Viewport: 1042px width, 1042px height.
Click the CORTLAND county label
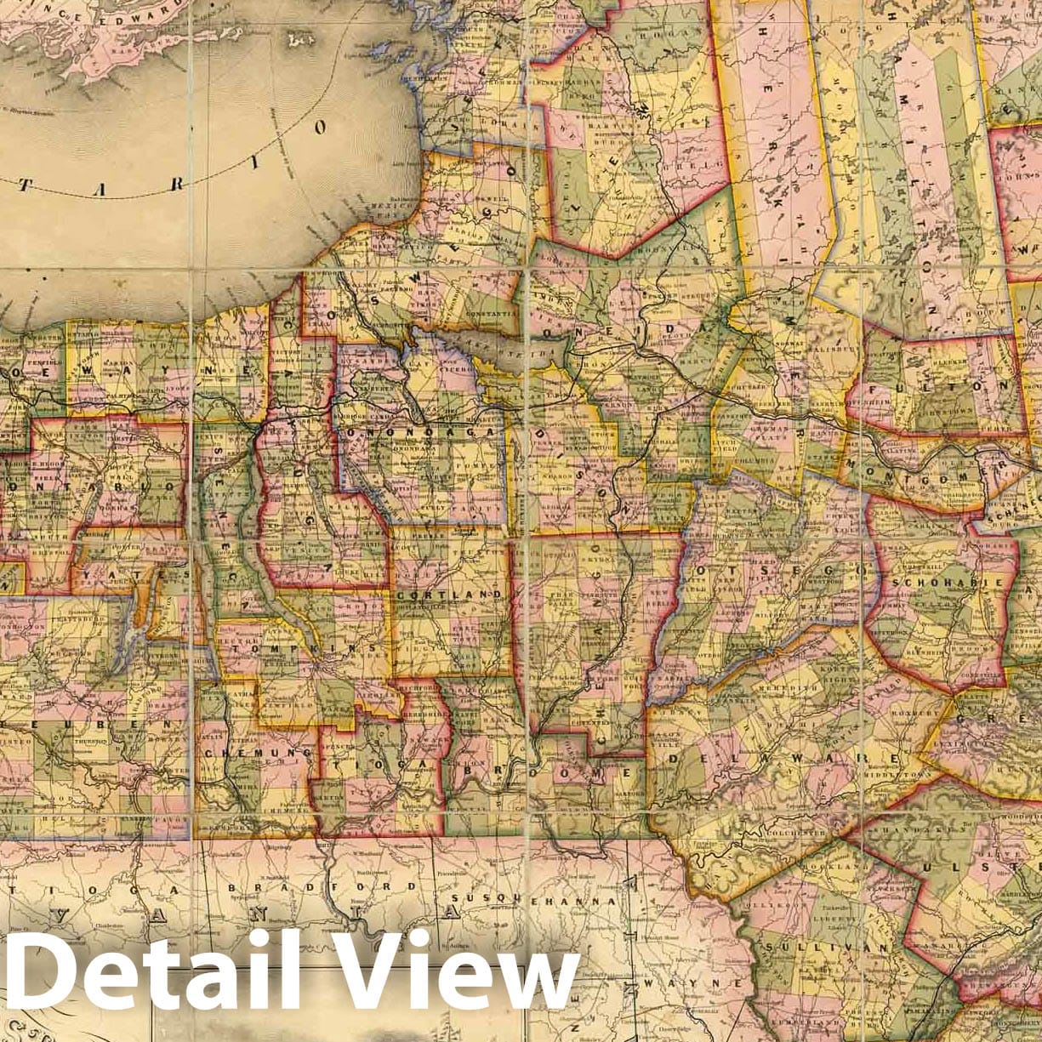[x=449, y=593]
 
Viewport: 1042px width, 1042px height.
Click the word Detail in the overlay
[x=149, y=969]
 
